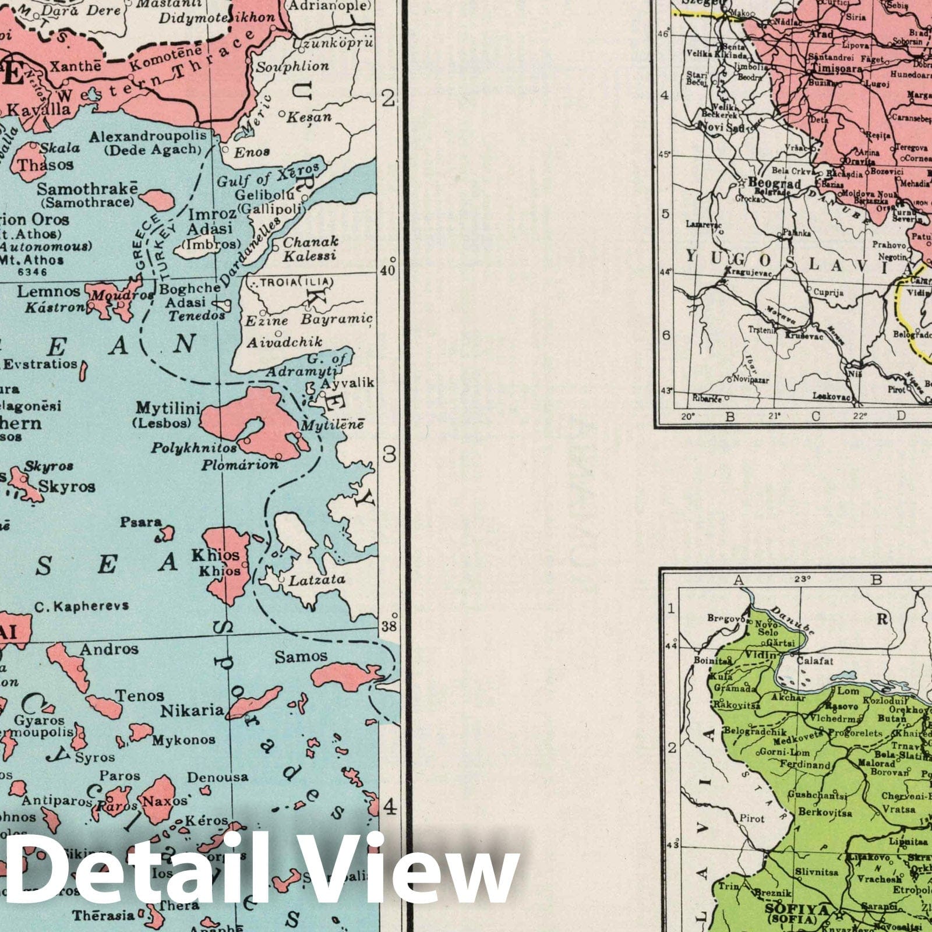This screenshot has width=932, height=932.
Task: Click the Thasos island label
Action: coord(45,165)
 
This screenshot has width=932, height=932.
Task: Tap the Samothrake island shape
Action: coord(157,200)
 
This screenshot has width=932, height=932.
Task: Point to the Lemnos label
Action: coord(48,291)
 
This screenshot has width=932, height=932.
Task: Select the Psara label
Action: coord(140,522)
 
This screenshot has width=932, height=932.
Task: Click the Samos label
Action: coord(301,656)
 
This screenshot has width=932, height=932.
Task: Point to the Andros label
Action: coord(109,649)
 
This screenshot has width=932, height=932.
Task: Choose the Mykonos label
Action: coord(183,740)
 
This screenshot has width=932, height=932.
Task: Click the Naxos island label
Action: coord(165,801)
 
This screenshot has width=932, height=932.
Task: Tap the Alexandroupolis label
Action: coord(148,136)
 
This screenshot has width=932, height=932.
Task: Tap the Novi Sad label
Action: coord(721,127)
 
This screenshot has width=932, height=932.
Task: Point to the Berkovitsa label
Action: coord(825,812)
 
